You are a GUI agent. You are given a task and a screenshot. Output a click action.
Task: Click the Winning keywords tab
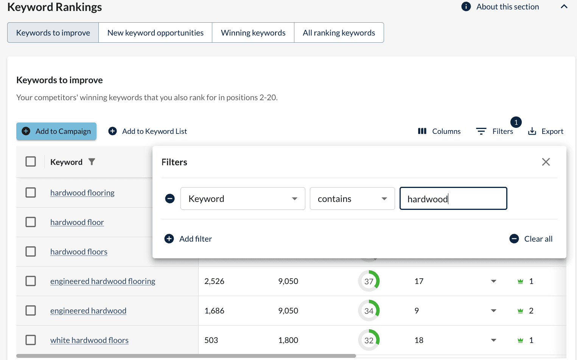253,33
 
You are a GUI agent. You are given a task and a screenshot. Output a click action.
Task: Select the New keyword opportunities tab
155,33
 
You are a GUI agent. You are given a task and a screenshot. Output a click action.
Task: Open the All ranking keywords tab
339,33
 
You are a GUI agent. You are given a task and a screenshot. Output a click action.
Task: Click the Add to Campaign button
56,131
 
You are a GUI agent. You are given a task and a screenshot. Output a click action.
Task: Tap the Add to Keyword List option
148,131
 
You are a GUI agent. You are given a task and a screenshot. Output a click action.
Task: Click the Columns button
439,131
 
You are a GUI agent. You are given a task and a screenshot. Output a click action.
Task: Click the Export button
546,131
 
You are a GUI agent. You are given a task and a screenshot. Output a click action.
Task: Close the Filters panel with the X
546,162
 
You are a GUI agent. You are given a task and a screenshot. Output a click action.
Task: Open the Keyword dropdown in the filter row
243,199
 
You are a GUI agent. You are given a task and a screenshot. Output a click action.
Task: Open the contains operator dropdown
352,199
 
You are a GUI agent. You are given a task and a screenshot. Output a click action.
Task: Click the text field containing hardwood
453,199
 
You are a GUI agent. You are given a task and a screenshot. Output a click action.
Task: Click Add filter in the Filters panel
188,239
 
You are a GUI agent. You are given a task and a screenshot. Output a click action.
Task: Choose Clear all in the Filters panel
531,239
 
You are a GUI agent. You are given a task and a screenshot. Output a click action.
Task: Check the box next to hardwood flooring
31,192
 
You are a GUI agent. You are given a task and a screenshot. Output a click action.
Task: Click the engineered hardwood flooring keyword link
103,281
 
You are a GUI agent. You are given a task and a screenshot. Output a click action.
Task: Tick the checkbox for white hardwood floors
31,340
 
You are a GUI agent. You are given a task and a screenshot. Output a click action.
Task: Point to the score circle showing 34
369,311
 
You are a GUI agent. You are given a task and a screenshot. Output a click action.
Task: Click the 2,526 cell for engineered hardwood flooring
215,281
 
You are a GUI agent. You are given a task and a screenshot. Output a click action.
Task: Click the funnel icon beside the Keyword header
92,162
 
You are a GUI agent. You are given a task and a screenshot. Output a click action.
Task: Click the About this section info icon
466,7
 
